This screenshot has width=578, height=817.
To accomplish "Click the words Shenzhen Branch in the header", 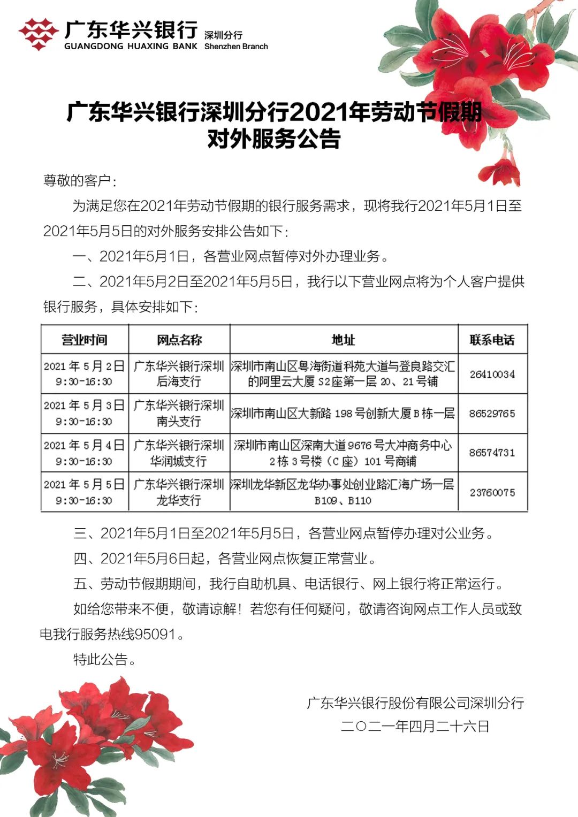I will pos(236,47).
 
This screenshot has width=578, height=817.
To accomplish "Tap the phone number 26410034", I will pos(492,374).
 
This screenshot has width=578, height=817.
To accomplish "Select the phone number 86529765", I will pos(492,414).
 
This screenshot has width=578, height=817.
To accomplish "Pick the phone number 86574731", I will pos(492,453).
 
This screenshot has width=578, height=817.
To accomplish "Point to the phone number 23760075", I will pos(492,492).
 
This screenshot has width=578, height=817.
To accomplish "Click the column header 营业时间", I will pos(85,340).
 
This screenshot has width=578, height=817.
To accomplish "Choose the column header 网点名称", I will pos(179,340).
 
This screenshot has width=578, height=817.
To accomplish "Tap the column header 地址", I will pos(344,340).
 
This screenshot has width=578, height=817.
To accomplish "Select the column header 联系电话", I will pos(492,340).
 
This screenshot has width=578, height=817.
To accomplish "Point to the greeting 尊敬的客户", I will pos(77,180).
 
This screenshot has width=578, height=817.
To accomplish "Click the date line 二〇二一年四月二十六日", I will pos(415,727).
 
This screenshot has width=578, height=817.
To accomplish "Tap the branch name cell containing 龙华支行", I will pos(179,492).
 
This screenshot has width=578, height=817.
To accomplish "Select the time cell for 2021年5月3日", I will pos(85,414).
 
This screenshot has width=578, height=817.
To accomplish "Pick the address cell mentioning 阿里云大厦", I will pos(344,374).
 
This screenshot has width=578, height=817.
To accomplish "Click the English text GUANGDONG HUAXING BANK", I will pos(131,47).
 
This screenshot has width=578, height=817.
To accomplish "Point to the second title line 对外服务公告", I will pos(274,139).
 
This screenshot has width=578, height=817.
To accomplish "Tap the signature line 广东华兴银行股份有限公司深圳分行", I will pos(415,703).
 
